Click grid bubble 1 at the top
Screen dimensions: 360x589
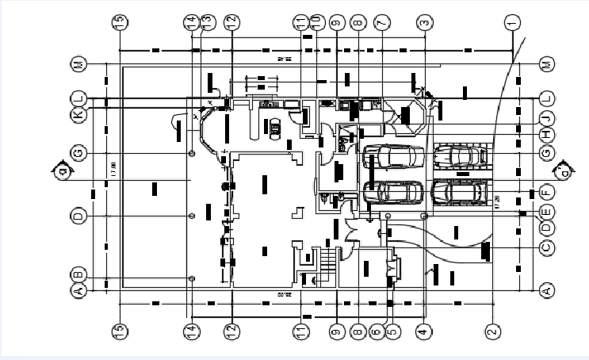tap(511, 23)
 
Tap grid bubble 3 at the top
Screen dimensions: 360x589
tap(424, 23)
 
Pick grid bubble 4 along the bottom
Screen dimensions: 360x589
tap(423, 331)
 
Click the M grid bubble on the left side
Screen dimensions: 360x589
tap(78, 63)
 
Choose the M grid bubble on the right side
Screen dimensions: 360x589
tap(545, 63)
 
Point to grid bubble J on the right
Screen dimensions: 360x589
tap(545, 119)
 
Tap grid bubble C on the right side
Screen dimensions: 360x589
tap(545, 248)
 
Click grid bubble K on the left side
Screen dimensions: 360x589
tap(78, 116)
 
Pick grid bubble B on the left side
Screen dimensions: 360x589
tap(78, 274)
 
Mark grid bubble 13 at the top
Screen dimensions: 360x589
tap(208, 23)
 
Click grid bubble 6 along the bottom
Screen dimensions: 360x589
tap(376, 331)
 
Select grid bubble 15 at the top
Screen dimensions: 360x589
tap(120, 23)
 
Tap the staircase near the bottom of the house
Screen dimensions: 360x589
tap(327, 259)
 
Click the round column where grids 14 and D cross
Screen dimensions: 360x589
tap(191, 216)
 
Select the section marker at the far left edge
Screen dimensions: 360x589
tap(59, 169)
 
